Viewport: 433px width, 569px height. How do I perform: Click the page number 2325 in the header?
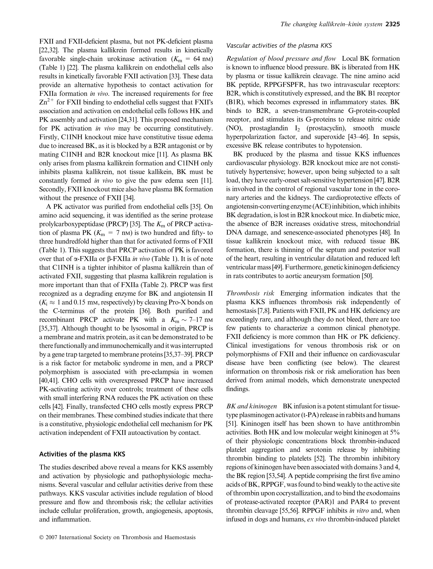pos(392,25)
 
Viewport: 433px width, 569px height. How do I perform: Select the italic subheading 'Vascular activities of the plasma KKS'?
pos(279,46)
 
